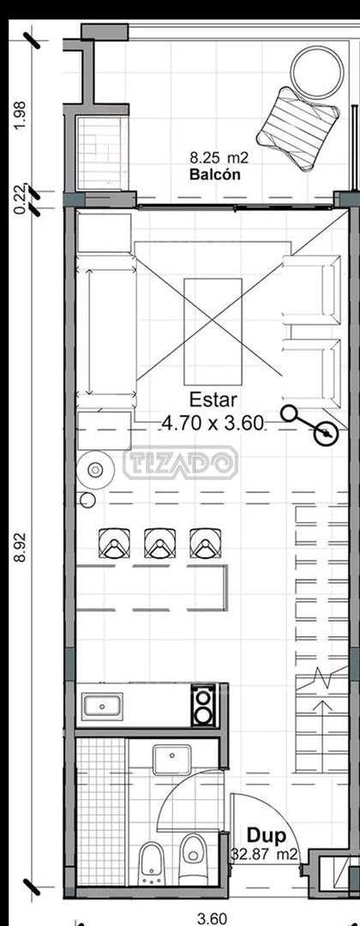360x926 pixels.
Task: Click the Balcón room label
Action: coord(215,175)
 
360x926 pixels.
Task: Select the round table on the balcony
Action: coord(317,72)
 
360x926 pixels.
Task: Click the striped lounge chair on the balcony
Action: coord(298,129)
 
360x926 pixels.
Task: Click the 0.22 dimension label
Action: coord(21,199)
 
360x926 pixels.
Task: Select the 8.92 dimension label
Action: coord(21,547)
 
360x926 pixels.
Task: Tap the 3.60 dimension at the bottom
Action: coord(211,919)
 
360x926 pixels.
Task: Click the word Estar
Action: coord(213,400)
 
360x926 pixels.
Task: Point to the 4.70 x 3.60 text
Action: coord(213,424)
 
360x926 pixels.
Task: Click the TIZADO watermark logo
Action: coord(181,462)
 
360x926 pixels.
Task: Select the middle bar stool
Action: coord(160,543)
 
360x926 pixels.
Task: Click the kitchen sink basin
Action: coord(102,707)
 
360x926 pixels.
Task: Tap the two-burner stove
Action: coord(204,706)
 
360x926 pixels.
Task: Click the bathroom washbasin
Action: coord(171,759)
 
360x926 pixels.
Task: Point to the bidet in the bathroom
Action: coord(151,863)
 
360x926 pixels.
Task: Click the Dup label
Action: coord(267,836)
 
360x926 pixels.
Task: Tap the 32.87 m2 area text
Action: coord(264,854)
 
